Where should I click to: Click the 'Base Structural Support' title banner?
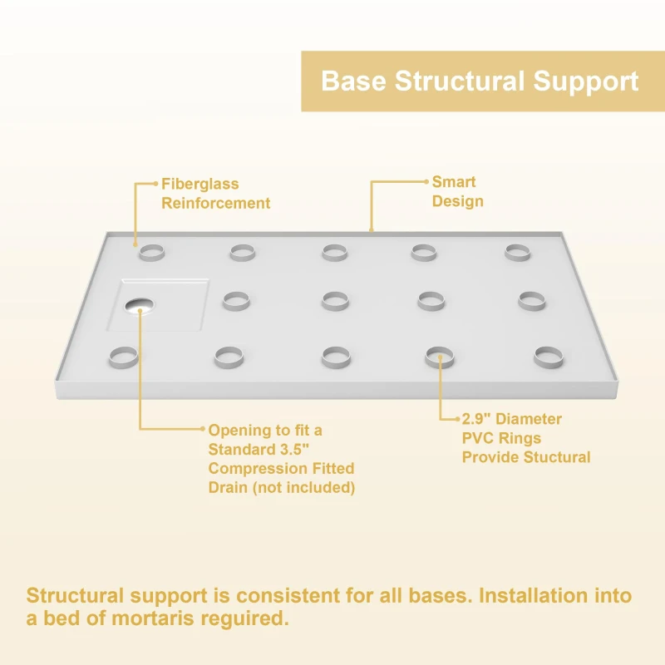tap(480, 81)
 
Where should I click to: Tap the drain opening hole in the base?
tap(140, 306)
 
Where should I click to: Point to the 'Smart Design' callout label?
tap(457, 191)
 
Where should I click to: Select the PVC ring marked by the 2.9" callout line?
tap(440, 358)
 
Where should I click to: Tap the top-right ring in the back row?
tap(517, 252)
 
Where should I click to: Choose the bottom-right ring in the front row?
tap(549, 357)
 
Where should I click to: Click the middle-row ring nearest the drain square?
tap(236, 300)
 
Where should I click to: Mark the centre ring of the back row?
tap(335, 252)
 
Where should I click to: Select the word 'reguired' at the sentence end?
tap(248, 619)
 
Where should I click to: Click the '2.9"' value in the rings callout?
tap(477, 419)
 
